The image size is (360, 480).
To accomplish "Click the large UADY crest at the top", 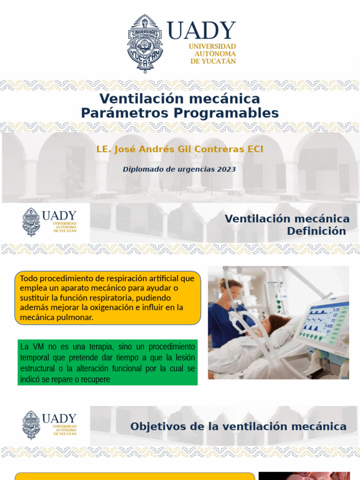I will pyautogui.click(x=145, y=43).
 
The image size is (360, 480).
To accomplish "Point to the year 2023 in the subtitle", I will pyautogui.click(x=226, y=169).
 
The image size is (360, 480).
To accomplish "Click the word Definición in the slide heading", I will pyautogui.click(x=316, y=231).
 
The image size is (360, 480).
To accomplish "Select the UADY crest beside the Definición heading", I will pyautogui.click(x=31, y=222).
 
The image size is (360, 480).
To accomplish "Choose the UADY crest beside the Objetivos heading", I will pyautogui.click(x=31, y=425).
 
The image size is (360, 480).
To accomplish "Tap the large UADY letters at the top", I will pyautogui.click(x=201, y=31).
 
